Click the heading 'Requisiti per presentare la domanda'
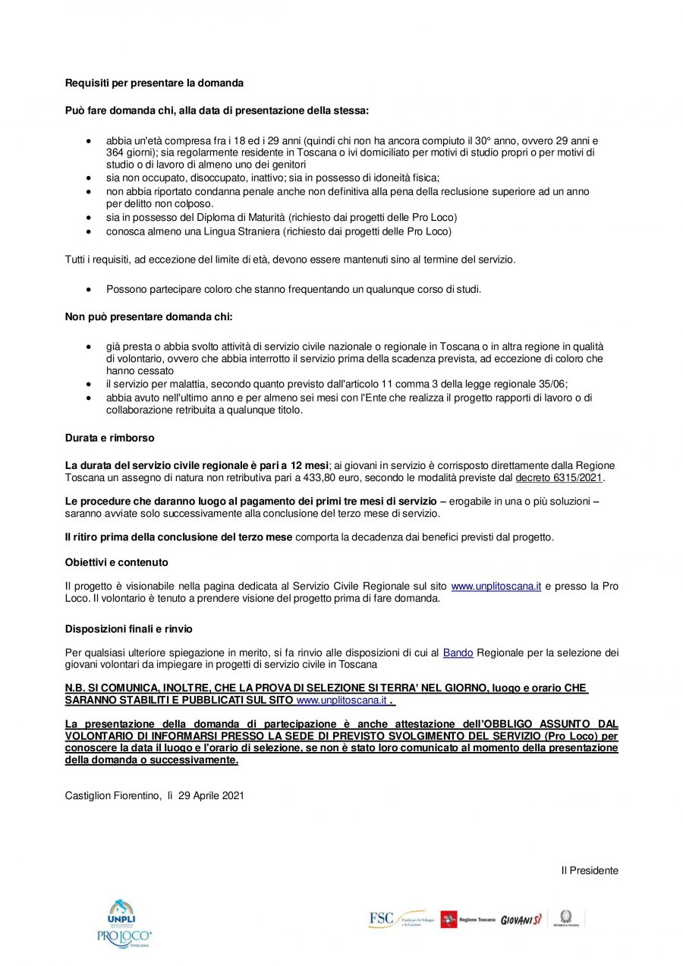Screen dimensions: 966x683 (154, 82)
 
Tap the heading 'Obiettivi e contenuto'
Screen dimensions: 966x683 (116, 562)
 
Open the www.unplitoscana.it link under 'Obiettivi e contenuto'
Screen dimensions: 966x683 (496, 587)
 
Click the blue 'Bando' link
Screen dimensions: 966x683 (458, 653)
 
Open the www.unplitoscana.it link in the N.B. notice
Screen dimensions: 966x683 (341, 700)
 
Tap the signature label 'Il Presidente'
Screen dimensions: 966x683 (590, 870)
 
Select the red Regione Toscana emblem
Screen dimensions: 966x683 (449, 920)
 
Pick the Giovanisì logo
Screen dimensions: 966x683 (521, 920)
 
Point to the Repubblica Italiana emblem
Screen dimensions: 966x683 (565, 917)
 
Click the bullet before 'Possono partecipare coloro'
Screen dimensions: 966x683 (90, 290)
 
